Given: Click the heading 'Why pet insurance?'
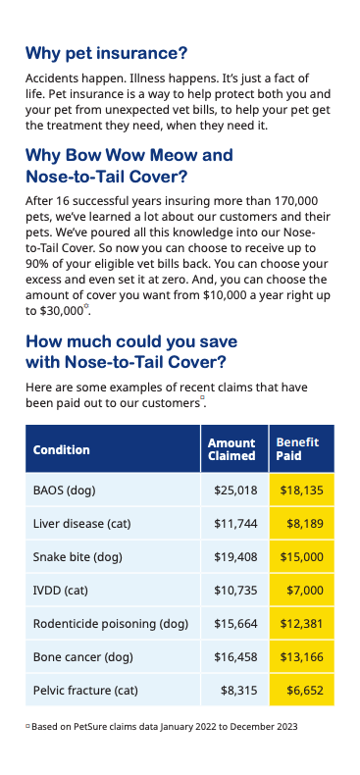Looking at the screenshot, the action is tap(106, 52).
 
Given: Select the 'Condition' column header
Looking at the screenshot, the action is tap(61, 449).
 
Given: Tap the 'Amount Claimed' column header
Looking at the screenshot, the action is tap(231, 449).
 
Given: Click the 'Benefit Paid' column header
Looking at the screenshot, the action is tap(297, 449).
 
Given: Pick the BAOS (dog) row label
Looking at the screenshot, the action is tap(65, 490).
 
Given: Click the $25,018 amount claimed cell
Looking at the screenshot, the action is tap(235, 490).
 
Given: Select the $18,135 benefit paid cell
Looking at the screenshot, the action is tap(302, 490).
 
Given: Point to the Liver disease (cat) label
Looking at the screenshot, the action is tap(82, 524).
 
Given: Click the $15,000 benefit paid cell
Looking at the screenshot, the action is tap(302, 557).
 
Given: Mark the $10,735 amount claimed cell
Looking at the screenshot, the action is tap(235, 591).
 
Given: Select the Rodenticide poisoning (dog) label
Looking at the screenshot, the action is tap(110, 624).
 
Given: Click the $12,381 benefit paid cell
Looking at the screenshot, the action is tap(302, 624).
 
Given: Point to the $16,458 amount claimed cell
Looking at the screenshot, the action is tap(235, 657).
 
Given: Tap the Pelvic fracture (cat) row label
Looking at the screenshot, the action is tap(85, 691).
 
